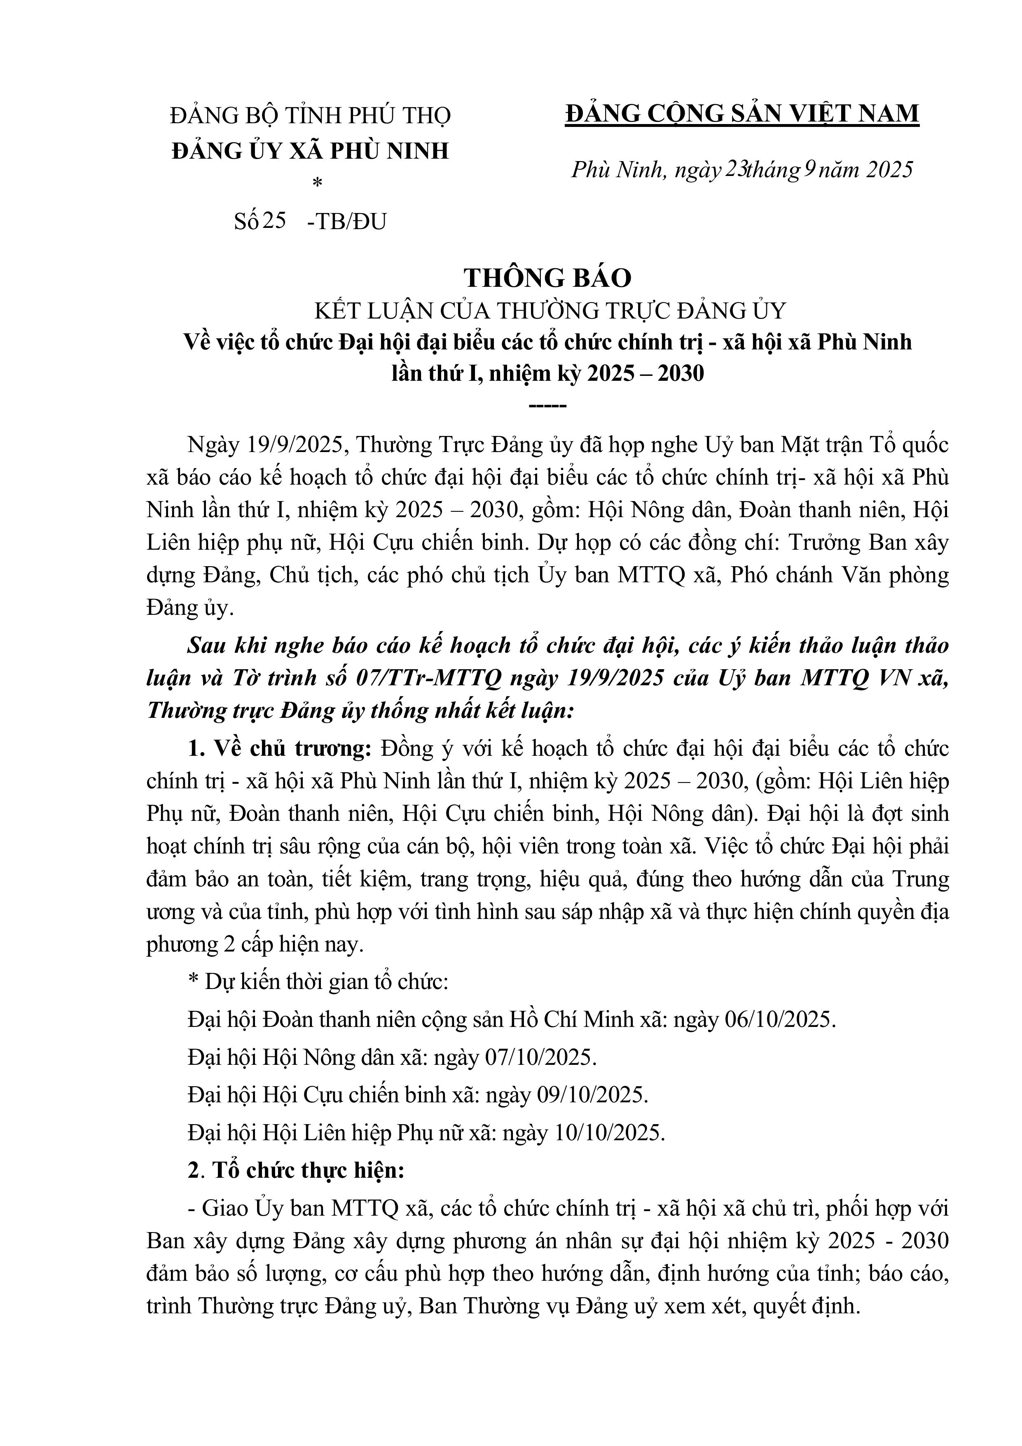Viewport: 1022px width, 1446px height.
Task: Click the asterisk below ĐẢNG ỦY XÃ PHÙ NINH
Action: point(317,183)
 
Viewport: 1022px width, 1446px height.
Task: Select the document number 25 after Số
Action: point(274,221)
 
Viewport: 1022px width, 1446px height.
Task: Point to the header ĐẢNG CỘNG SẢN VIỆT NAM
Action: point(742,114)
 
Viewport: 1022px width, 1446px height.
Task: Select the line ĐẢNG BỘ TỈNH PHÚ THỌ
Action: point(311,116)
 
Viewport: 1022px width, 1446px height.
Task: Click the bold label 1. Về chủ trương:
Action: point(280,749)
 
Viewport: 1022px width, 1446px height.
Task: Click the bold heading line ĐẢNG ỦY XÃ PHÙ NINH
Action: point(311,151)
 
